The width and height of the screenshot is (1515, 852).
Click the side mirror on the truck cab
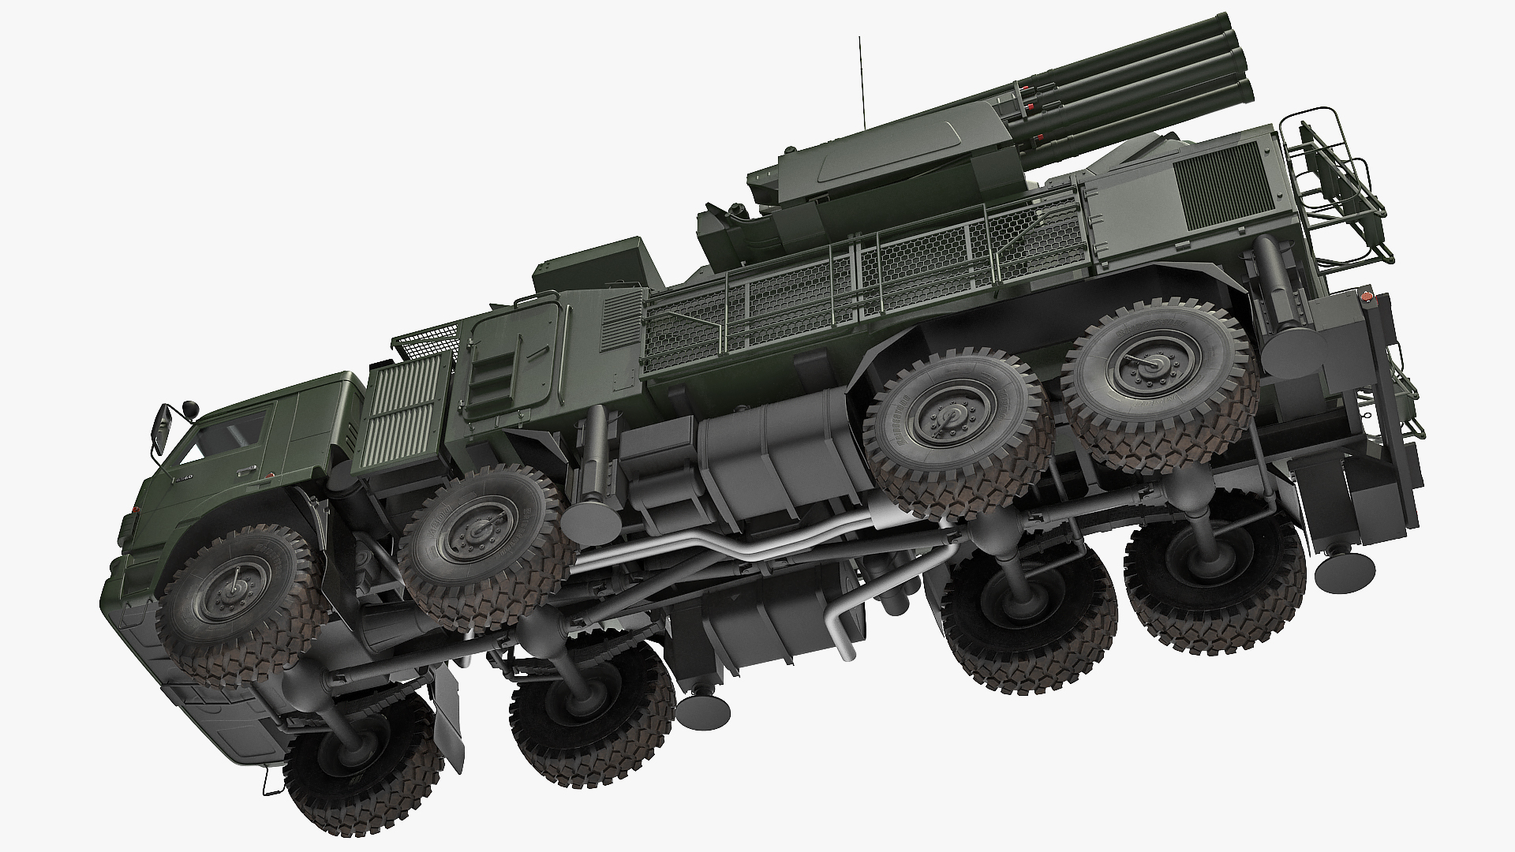(163, 428)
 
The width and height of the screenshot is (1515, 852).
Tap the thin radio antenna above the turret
(860, 79)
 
